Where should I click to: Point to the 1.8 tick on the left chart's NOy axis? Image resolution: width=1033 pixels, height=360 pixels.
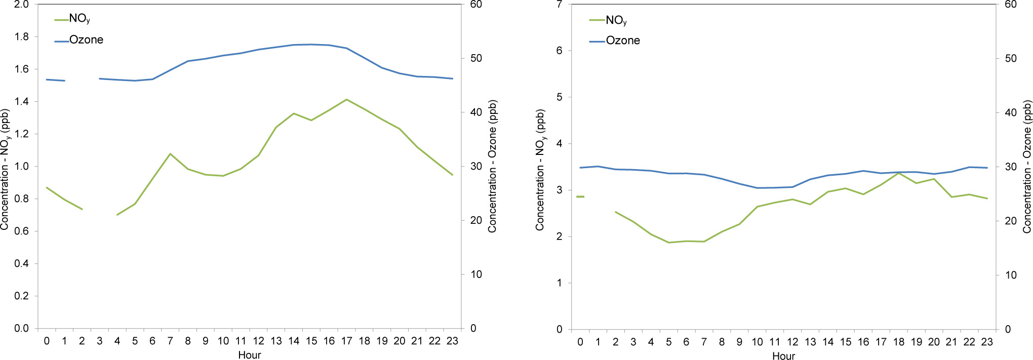22,37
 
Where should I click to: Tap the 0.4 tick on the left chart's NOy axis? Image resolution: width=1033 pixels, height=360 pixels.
22,264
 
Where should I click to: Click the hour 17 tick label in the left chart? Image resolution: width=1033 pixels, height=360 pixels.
347,341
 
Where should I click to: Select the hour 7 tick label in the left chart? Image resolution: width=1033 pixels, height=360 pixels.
170,341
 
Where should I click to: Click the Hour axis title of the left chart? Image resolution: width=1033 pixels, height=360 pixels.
250,355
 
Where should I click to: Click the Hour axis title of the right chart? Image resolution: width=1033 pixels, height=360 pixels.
783,356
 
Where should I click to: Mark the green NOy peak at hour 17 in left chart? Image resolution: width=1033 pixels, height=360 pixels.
347,99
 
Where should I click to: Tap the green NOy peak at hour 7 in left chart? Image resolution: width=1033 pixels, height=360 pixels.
170,153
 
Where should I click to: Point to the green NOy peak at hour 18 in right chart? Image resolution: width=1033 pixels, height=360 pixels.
899,173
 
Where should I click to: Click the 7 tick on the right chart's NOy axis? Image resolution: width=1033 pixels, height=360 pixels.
559,5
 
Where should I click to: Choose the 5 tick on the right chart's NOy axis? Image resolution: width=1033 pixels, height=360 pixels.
559,97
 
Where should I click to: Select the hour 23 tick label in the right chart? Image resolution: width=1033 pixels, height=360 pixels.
987,342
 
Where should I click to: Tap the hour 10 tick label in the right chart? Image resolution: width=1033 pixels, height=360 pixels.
757,342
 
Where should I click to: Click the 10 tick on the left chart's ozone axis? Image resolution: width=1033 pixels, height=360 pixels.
476,274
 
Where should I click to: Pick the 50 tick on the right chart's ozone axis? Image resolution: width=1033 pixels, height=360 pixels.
1011,59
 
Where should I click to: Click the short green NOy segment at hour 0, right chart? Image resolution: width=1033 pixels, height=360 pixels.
580,196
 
